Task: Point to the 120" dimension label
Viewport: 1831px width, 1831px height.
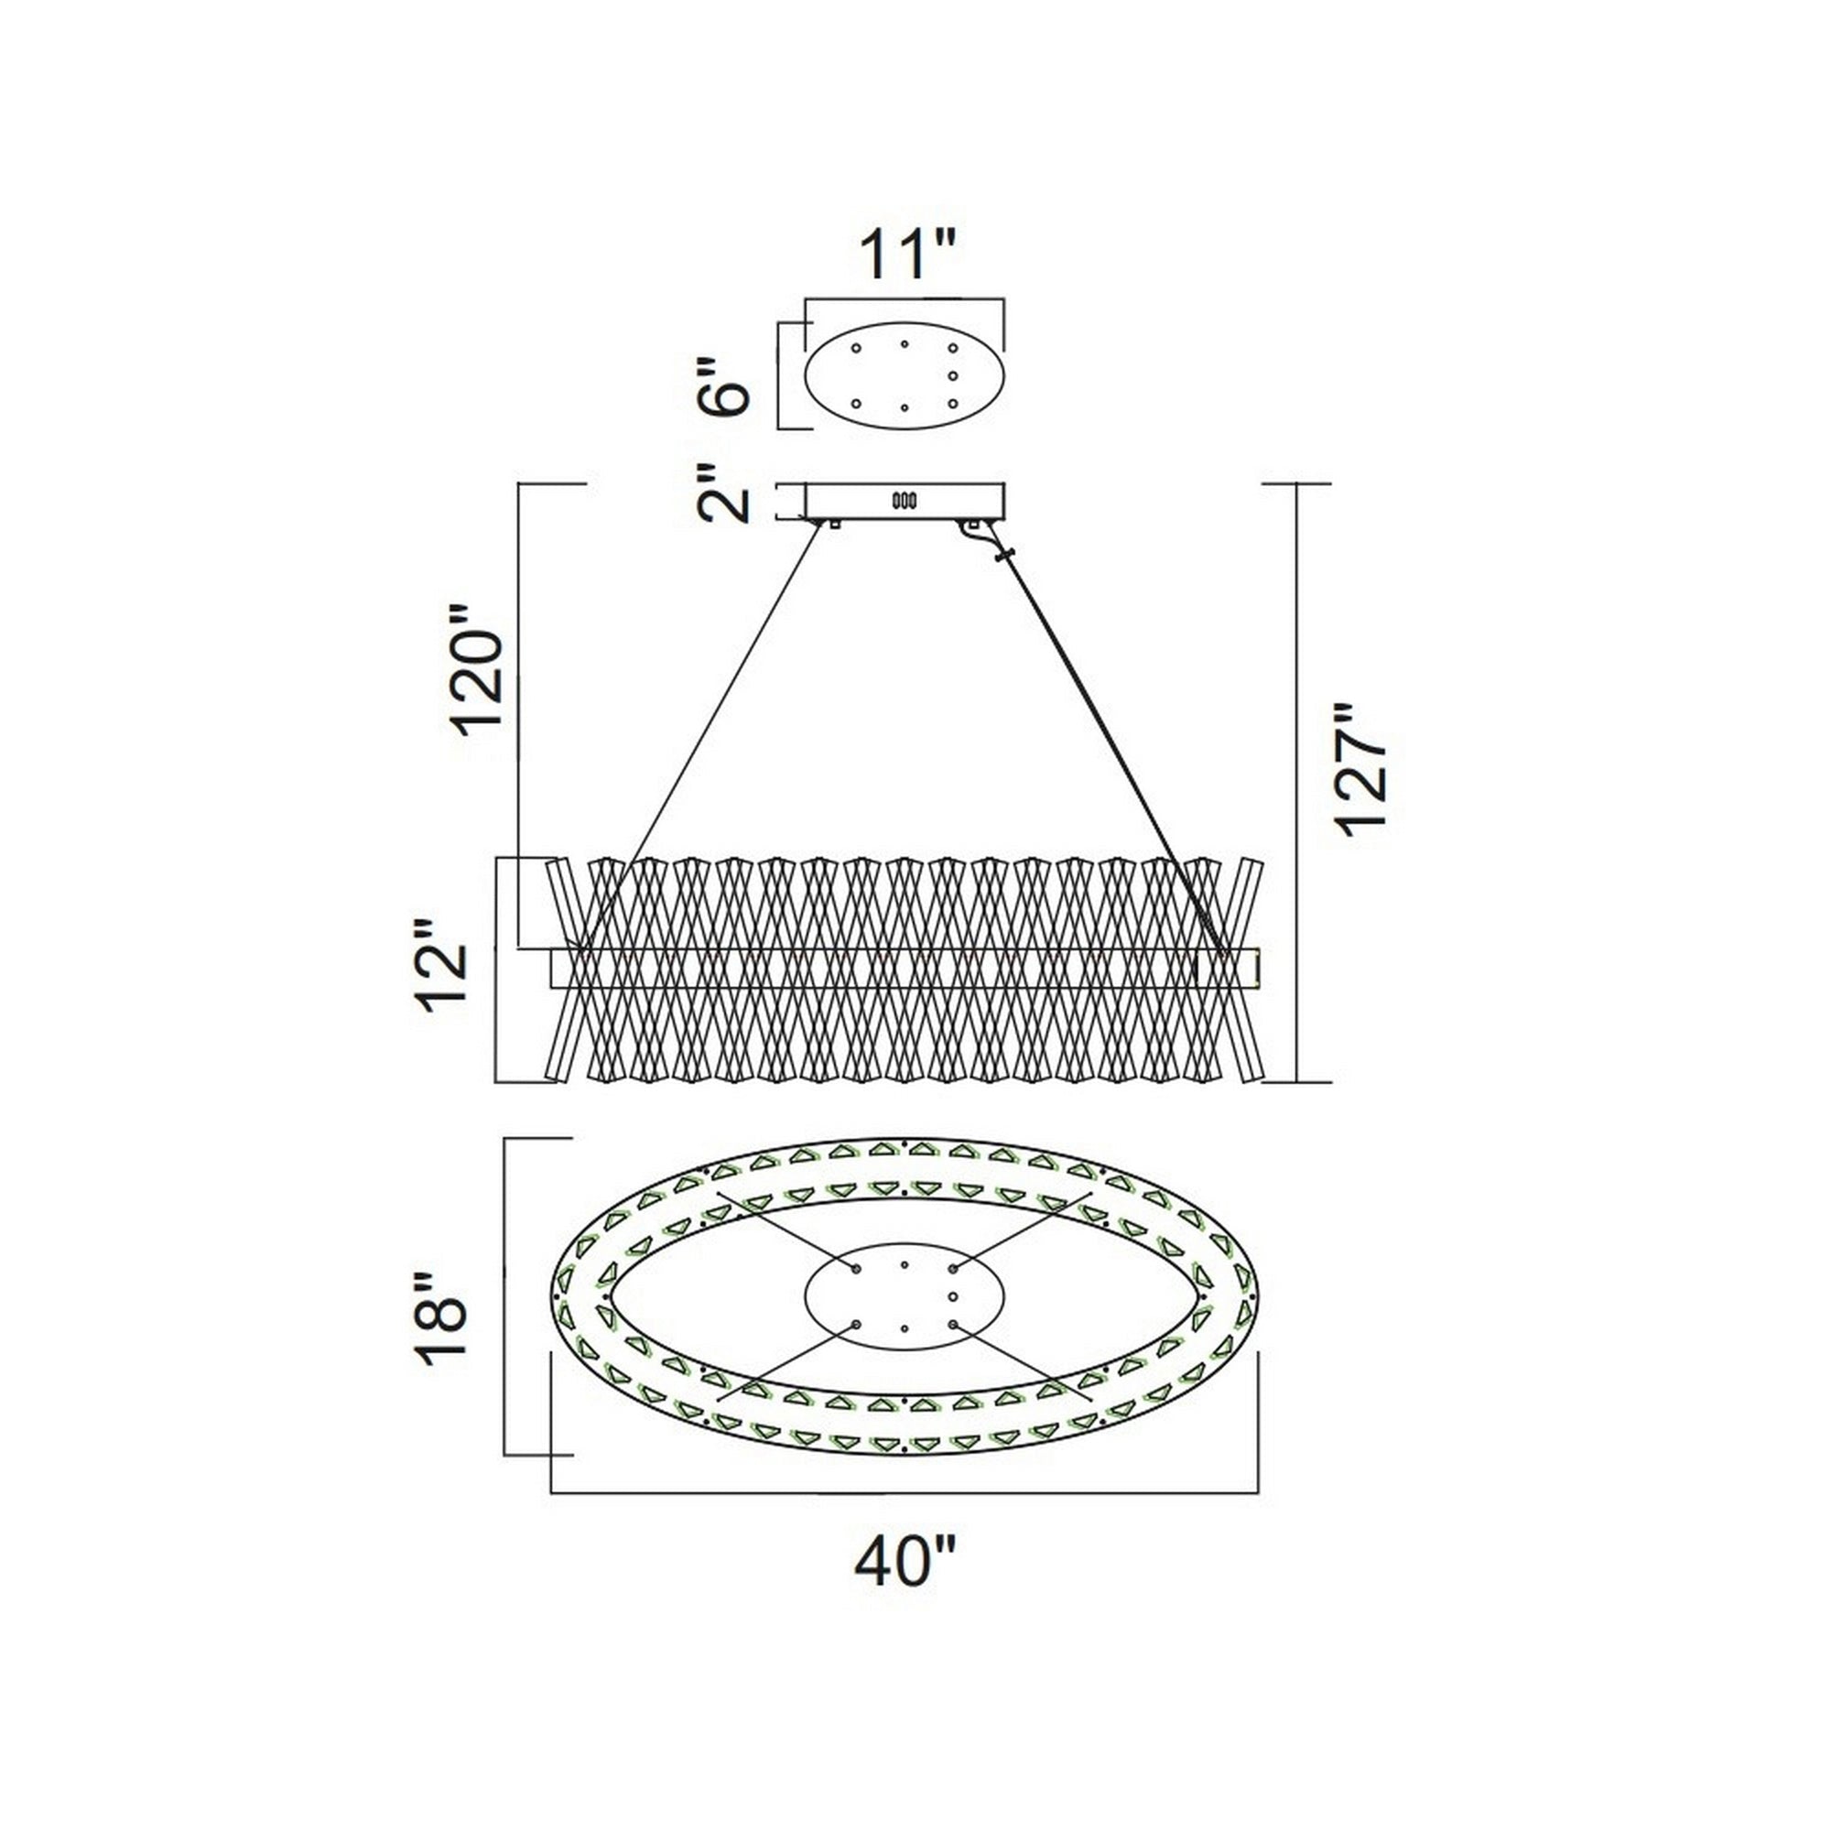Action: [478, 669]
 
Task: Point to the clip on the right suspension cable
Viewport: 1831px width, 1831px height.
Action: [1003, 554]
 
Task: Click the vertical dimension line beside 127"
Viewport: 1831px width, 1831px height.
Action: [1296, 783]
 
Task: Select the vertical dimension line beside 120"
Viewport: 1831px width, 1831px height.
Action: [519, 720]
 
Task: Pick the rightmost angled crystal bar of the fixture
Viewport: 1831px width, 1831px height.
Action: [1250, 969]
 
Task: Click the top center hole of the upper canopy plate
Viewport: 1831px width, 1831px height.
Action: [905, 345]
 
